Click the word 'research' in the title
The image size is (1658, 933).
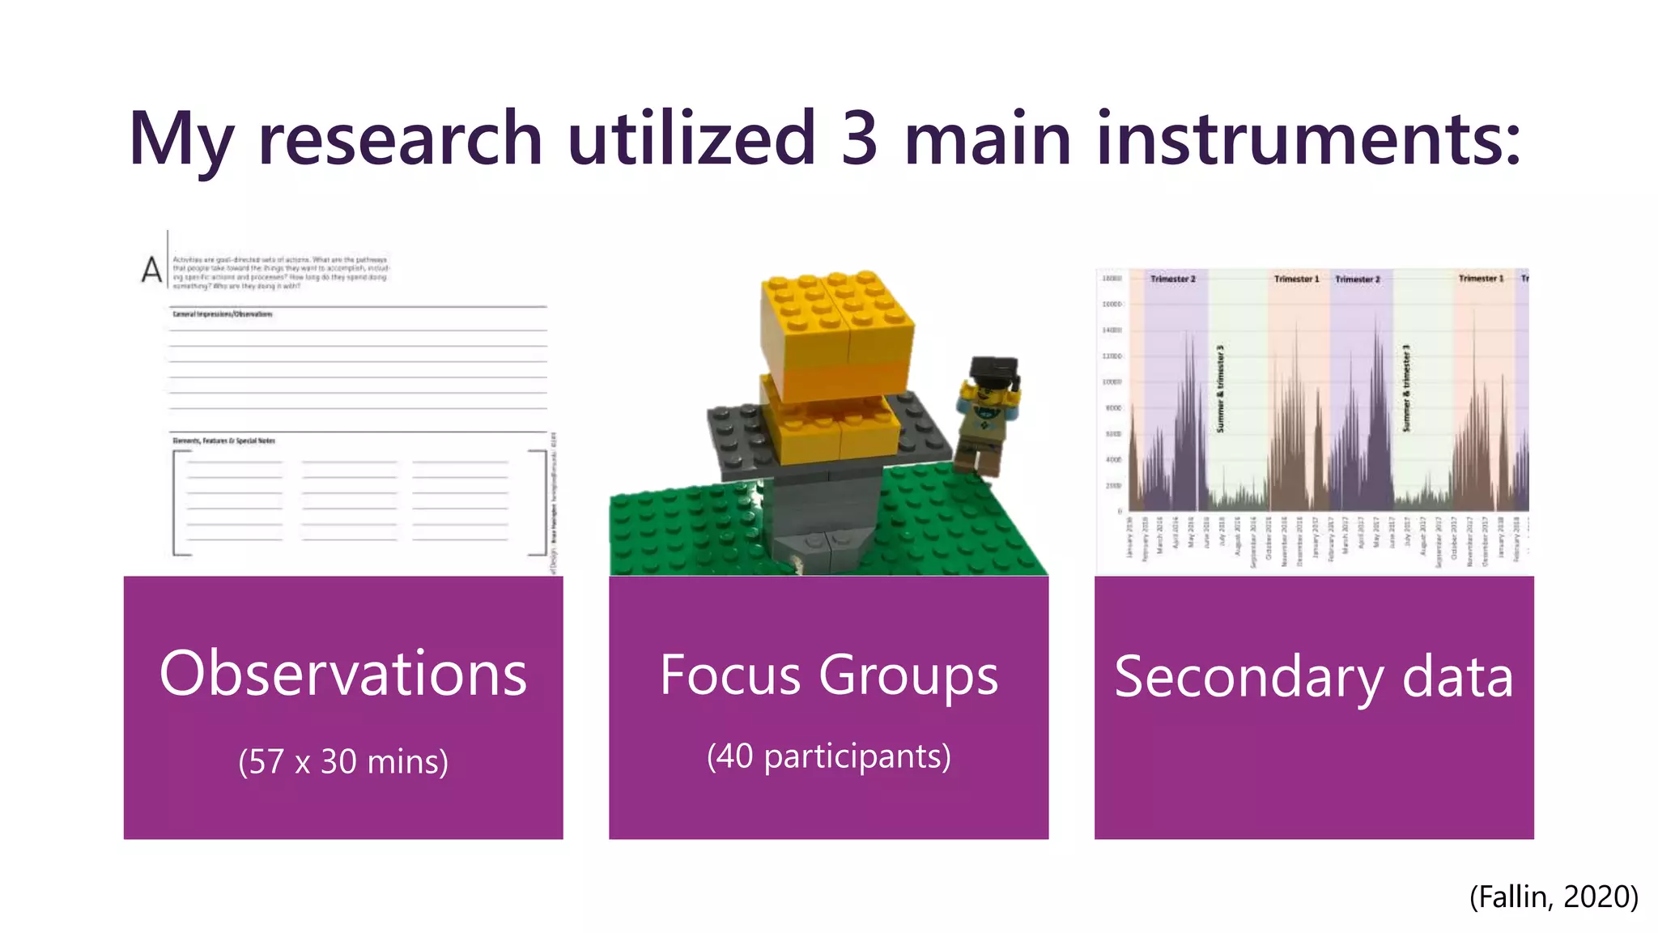tap(400, 138)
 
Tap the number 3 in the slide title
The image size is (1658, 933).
tap(859, 138)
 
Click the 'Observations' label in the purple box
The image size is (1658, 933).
tap(343, 674)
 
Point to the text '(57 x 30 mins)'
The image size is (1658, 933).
tap(343, 761)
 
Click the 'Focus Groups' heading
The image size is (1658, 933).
tap(828, 675)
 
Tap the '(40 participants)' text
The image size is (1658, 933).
tap(828, 756)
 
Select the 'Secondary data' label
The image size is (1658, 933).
tap(1313, 677)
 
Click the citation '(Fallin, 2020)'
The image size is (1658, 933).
tap(1554, 897)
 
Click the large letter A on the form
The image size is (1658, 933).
tap(151, 270)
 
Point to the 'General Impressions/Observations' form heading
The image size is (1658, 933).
tap(223, 314)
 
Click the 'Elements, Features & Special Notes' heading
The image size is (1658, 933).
tap(224, 441)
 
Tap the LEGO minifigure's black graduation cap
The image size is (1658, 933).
tap(993, 369)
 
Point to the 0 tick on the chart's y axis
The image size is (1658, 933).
tap(1119, 511)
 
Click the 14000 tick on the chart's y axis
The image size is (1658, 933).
tap(1112, 330)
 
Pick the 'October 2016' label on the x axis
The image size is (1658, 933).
tap(1269, 537)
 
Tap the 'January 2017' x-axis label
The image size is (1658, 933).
tap(1316, 537)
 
